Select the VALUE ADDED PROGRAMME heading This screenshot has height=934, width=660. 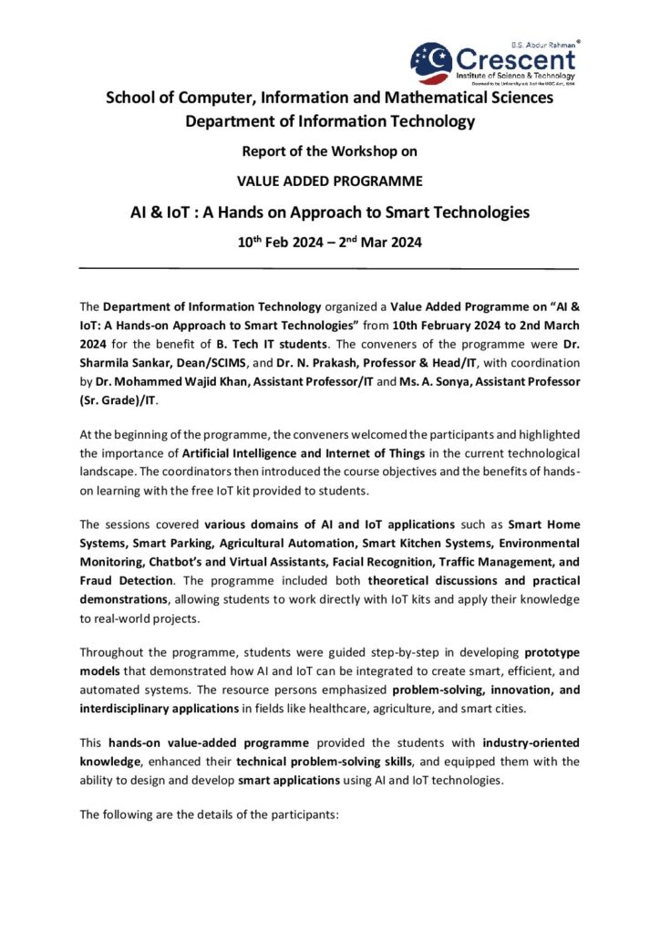329,180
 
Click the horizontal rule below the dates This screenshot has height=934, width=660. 329,268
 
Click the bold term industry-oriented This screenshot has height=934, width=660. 531,742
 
